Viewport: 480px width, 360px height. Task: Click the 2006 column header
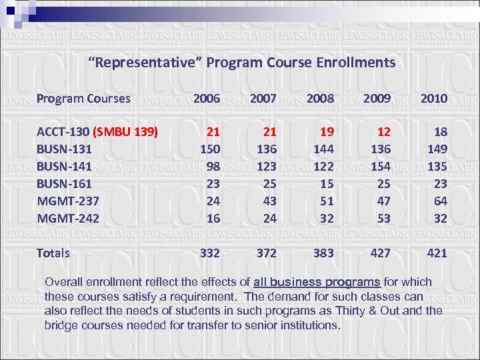pos(206,99)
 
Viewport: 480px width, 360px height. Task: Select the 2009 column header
pos(377,99)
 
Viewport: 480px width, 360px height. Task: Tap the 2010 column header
pos(433,99)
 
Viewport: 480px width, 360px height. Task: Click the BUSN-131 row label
pos(64,149)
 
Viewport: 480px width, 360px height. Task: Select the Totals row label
pos(53,253)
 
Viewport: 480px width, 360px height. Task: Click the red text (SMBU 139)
pos(126,131)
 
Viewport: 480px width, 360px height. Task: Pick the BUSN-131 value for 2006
pos(211,149)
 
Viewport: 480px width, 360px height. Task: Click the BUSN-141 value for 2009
pos(381,166)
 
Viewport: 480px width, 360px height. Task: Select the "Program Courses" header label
pos(83,99)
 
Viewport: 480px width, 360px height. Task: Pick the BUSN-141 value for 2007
pos(267,166)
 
